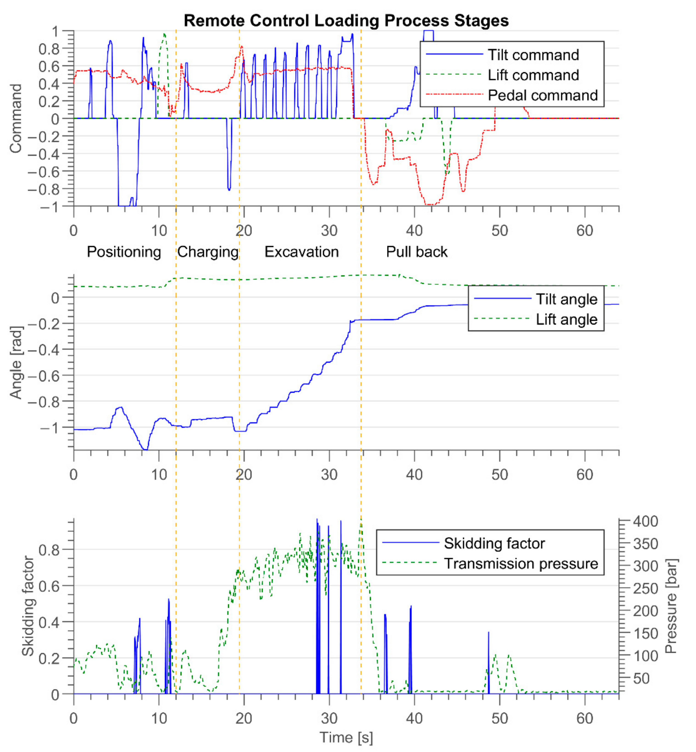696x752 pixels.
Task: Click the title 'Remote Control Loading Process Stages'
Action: pyautogui.click(x=346, y=21)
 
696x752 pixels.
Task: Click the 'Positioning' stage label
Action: pyautogui.click(x=124, y=252)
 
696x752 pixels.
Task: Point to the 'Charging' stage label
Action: pyautogui.click(x=208, y=252)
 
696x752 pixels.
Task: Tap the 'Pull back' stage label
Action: pyautogui.click(x=417, y=252)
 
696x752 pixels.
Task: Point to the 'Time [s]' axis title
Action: pyautogui.click(x=346, y=737)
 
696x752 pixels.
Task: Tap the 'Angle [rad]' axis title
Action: pyautogui.click(x=16, y=362)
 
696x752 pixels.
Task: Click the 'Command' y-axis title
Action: pyautogui.click(x=16, y=118)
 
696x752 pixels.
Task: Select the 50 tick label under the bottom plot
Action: pyautogui.click(x=499, y=718)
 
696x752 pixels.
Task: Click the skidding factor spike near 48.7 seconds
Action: pyautogui.click(x=489, y=663)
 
